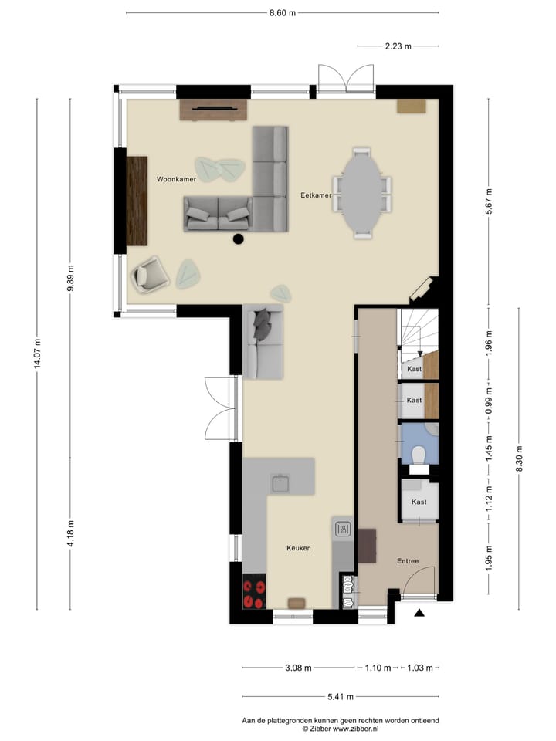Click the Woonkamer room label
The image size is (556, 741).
click(176, 179)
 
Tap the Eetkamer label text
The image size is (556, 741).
click(316, 195)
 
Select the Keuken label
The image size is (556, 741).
click(298, 548)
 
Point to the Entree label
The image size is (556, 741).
click(409, 561)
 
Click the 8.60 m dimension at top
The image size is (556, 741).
click(283, 13)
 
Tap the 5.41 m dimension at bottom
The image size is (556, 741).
click(340, 697)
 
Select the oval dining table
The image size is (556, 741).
click(362, 190)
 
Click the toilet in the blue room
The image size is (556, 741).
click(419, 455)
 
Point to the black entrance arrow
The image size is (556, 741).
click(419, 614)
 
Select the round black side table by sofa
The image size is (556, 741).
click(239, 239)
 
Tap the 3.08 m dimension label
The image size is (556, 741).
click(298, 668)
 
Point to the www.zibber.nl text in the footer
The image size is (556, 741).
click(357, 728)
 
